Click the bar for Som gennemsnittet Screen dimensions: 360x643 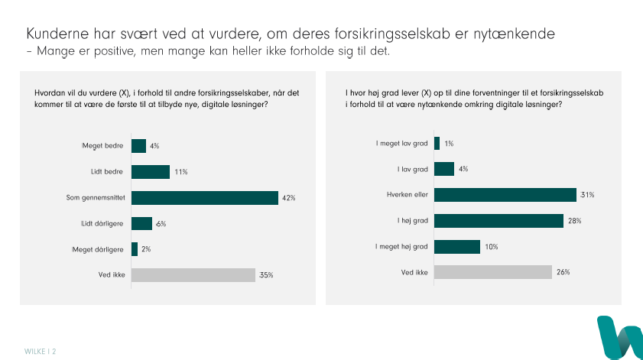coord(204,198)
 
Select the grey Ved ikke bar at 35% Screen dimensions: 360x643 coord(193,275)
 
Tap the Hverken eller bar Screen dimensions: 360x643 coord(505,195)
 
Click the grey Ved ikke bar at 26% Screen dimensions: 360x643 coord(492,272)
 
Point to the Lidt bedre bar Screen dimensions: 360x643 coord(151,172)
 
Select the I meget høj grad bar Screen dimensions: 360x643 coord(456,247)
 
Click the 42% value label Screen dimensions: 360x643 coord(289,198)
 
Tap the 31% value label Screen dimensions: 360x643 coord(587,195)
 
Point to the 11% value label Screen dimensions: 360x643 coord(181,172)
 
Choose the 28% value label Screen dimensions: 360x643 coord(574,221)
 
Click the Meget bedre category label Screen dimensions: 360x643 coord(103,146)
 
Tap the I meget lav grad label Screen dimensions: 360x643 coord(401,144)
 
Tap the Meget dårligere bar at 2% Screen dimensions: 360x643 coord(135,249)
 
